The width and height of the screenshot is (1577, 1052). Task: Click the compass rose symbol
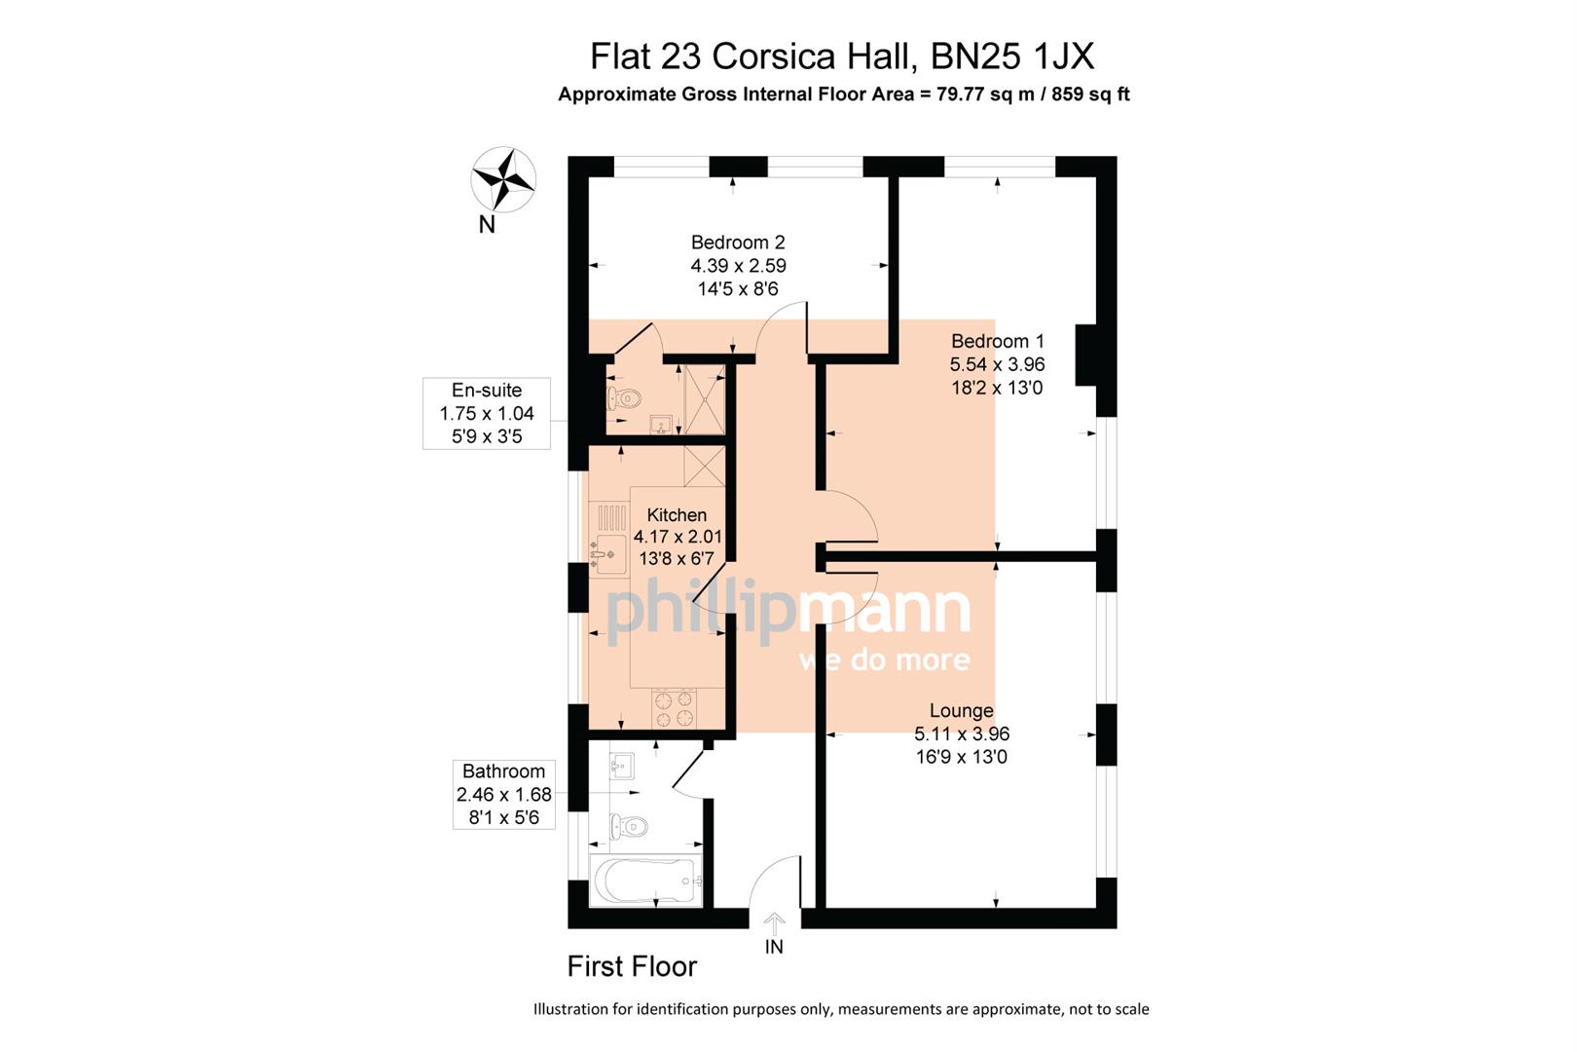(503, 179)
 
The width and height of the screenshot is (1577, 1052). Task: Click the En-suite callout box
(487, 413)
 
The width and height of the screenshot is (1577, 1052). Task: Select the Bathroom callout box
(503, 794)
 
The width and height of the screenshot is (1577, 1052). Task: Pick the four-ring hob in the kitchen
(674, 708)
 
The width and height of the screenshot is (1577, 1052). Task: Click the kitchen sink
(608, 553)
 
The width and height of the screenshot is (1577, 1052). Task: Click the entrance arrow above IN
(774, 922)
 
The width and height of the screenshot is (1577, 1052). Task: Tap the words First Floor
(632, 966)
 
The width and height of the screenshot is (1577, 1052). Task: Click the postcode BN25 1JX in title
(1012, 56)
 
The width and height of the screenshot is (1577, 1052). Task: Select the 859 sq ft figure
(1090, 94)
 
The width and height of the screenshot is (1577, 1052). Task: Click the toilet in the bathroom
(629, 827)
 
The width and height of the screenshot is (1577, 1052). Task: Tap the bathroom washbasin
(620, 766)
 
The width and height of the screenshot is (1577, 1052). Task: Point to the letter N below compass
(487, 225)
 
